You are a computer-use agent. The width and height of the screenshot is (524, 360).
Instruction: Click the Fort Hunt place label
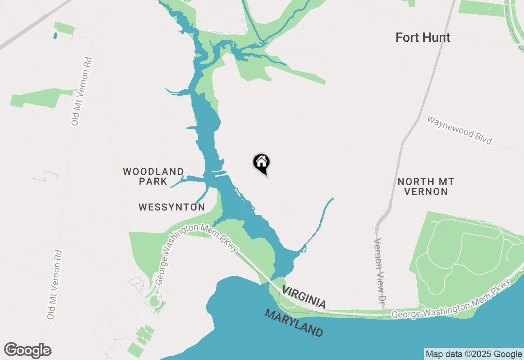point(423,38)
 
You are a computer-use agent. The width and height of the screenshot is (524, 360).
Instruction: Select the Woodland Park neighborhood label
point(153,176)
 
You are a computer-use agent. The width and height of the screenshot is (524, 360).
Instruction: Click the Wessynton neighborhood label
point(172,207)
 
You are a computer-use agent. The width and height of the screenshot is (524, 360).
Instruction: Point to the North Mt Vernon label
point(426,187)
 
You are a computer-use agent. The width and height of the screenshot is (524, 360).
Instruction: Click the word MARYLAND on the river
point(294,323)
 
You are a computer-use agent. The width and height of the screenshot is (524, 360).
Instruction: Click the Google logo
point(28,351)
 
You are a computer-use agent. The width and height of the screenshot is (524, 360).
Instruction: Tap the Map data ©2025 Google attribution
point(474,354)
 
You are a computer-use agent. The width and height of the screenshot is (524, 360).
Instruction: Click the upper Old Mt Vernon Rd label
point(81,91)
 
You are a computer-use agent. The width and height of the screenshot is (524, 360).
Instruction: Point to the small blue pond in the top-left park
point(55,36)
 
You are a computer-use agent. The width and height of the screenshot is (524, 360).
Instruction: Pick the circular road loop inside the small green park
point(155,302)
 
